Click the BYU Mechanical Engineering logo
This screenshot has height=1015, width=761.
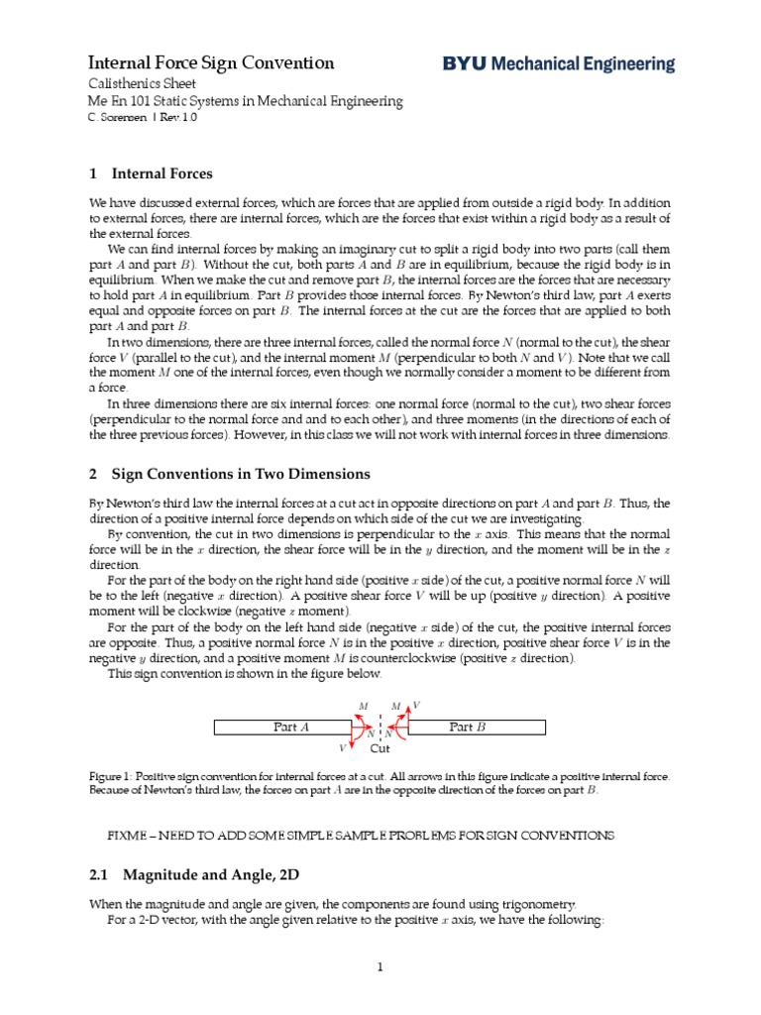(558, 64)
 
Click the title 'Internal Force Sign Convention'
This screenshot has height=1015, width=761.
(212, 63)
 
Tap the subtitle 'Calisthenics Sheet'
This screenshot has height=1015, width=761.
(143, 84)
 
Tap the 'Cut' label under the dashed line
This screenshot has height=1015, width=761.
(380, 749)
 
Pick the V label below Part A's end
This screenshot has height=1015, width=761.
(343, 748)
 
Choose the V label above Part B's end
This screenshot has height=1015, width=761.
(416, 705)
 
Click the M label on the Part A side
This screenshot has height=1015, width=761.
(364, 706)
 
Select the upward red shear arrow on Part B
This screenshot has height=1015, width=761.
(406, 716)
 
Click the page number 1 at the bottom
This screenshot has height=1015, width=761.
(380, 968)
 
